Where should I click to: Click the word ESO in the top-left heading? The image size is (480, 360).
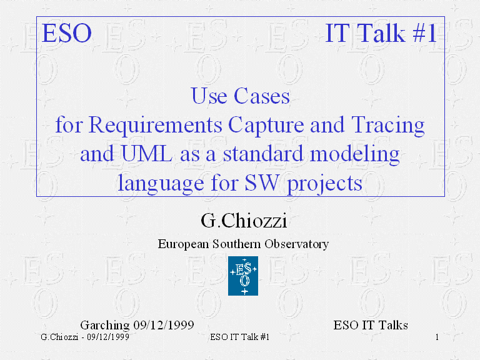point(67,33)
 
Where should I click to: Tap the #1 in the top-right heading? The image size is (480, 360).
point(424,33)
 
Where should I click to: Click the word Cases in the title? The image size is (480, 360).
point(262,96)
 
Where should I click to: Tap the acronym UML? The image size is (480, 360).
point(147,153)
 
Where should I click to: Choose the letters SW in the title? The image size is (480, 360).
point(262,182)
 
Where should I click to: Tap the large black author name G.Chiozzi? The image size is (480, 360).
point(244,221)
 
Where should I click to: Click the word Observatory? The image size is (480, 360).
point(297,244)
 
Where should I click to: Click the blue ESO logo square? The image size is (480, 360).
point(243,276)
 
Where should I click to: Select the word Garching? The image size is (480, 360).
point(105,325)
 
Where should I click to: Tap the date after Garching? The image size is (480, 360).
point(164,325)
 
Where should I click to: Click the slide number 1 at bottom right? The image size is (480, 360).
point(437,337)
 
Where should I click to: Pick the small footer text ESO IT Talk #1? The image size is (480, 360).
point(240,337)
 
